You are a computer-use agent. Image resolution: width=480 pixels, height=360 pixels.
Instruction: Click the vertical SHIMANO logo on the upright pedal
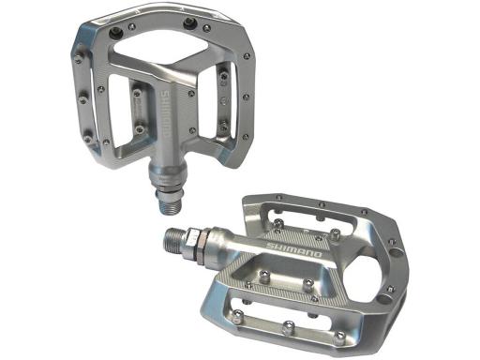pyautogui.click(x=165, y=115)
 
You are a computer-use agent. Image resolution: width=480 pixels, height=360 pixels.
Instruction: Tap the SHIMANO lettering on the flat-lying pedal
pyautogui.click(x=293, y=249)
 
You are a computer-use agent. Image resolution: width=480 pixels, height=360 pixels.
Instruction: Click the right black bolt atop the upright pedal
pyautogui.click(x=190, y=22)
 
